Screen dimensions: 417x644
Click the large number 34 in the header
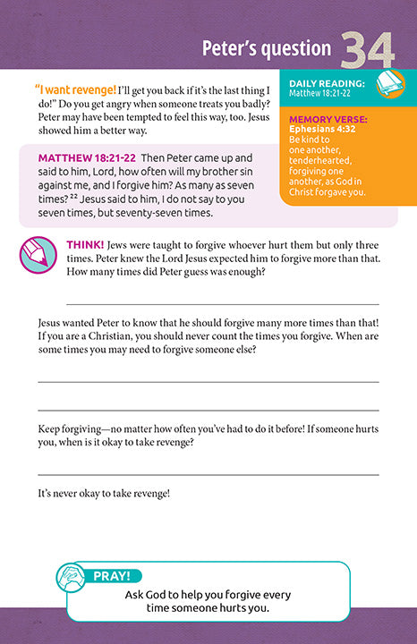click(x=367, y=50)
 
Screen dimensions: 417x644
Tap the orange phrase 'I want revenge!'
click(x=75, y=89)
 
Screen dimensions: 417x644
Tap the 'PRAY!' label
click(x=113, y=577)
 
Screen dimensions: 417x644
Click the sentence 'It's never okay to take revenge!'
click(x=104, y=493)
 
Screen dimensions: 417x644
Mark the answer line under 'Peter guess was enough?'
click(x=222, y=305)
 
